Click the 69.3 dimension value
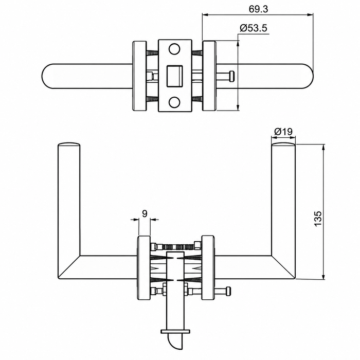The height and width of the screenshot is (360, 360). click(258, 9)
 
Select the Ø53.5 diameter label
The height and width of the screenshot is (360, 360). click(254, 28)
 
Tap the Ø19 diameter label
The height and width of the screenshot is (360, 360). click(283, 132)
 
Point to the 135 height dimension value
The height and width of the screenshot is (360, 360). click(318, 219)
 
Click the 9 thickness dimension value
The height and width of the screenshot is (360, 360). click(145, 213)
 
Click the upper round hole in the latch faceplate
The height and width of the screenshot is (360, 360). click(174, 49)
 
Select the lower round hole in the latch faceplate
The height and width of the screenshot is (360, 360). click(174, 102)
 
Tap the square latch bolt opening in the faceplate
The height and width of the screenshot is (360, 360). click(174, 76)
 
